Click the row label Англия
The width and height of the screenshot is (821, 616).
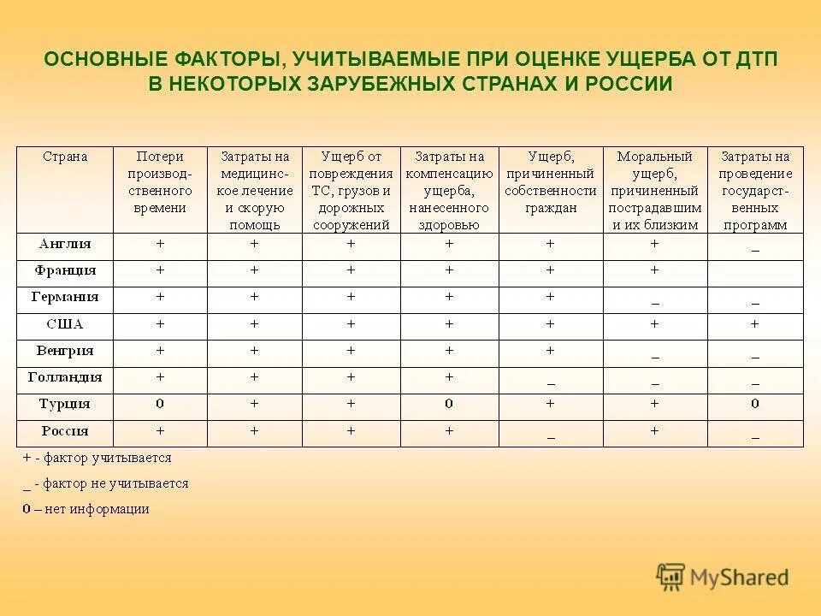coord(65,244)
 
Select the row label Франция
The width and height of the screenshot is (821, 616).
coord(65,270)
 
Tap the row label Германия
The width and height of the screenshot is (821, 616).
coord(65,298)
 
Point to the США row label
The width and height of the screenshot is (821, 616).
coord(65,324)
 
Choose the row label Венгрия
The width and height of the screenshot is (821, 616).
coord(65,351)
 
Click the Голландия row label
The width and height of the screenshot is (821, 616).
coord(65,377)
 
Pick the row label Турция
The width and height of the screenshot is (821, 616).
coord(65,404)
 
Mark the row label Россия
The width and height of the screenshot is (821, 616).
coord(65,430)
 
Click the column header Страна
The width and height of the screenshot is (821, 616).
coord(65,157)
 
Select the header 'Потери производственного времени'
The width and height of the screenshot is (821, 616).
coord(160,182)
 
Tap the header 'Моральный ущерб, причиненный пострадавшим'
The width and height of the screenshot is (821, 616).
coord(654,191)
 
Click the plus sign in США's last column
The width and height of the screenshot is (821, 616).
coord(754,324)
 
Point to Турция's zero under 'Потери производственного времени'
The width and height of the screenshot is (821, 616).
coord(160,404)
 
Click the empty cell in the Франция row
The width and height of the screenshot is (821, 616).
coord(754,271)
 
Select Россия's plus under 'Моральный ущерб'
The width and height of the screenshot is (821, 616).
coord(654,431)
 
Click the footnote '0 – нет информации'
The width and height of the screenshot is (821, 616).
coord(86,509)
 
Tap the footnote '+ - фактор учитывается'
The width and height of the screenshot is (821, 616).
coord(97,458)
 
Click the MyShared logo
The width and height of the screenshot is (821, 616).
coord(723,577)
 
